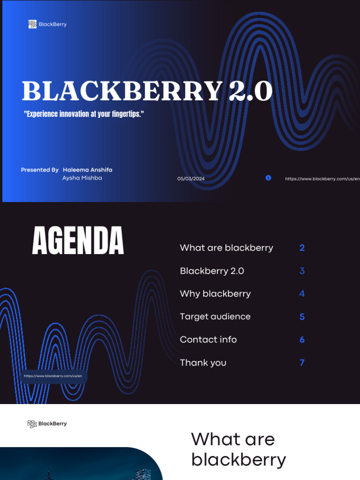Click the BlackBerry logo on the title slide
coord(47,24)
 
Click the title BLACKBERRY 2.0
coord(147,91)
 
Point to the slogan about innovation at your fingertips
coord(83,114)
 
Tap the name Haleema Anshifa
coord(88,170)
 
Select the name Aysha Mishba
coord(82,178)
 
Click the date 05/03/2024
coord(191,179)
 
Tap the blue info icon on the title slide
coord(268,178)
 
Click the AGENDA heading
coord(78,241)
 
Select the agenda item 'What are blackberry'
coord(226,248)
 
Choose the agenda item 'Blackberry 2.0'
coord(212,271)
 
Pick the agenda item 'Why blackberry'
coord(215,294)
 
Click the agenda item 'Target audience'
coord(215,317)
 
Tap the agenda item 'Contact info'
coord(208,339)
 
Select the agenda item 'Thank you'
coord(203,362)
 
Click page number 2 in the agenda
coord(302,248)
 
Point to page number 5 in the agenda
coord(302,317)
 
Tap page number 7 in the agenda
coord(302,362)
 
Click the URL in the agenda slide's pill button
coord(53,376)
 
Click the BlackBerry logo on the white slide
coord(47,424)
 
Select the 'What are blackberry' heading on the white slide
coord(238,450)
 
